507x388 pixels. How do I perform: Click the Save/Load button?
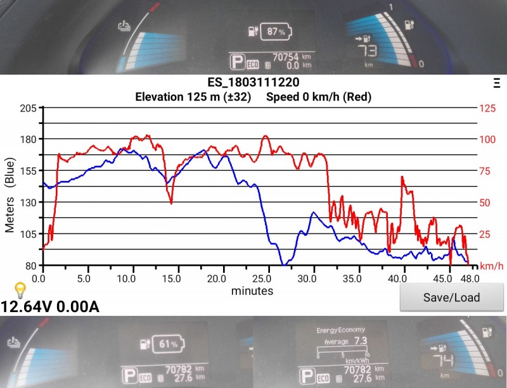click(451, 297)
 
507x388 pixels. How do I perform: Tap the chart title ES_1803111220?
click(253, 83)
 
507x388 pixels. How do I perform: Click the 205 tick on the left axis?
click(28, 108)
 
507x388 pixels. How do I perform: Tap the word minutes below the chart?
click(252, 291)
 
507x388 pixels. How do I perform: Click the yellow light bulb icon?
click(20, 291)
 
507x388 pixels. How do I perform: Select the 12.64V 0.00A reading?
click(50, 307)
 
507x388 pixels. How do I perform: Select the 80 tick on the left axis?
click(30, 265)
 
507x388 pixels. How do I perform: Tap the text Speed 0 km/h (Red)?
click(319, 97)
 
